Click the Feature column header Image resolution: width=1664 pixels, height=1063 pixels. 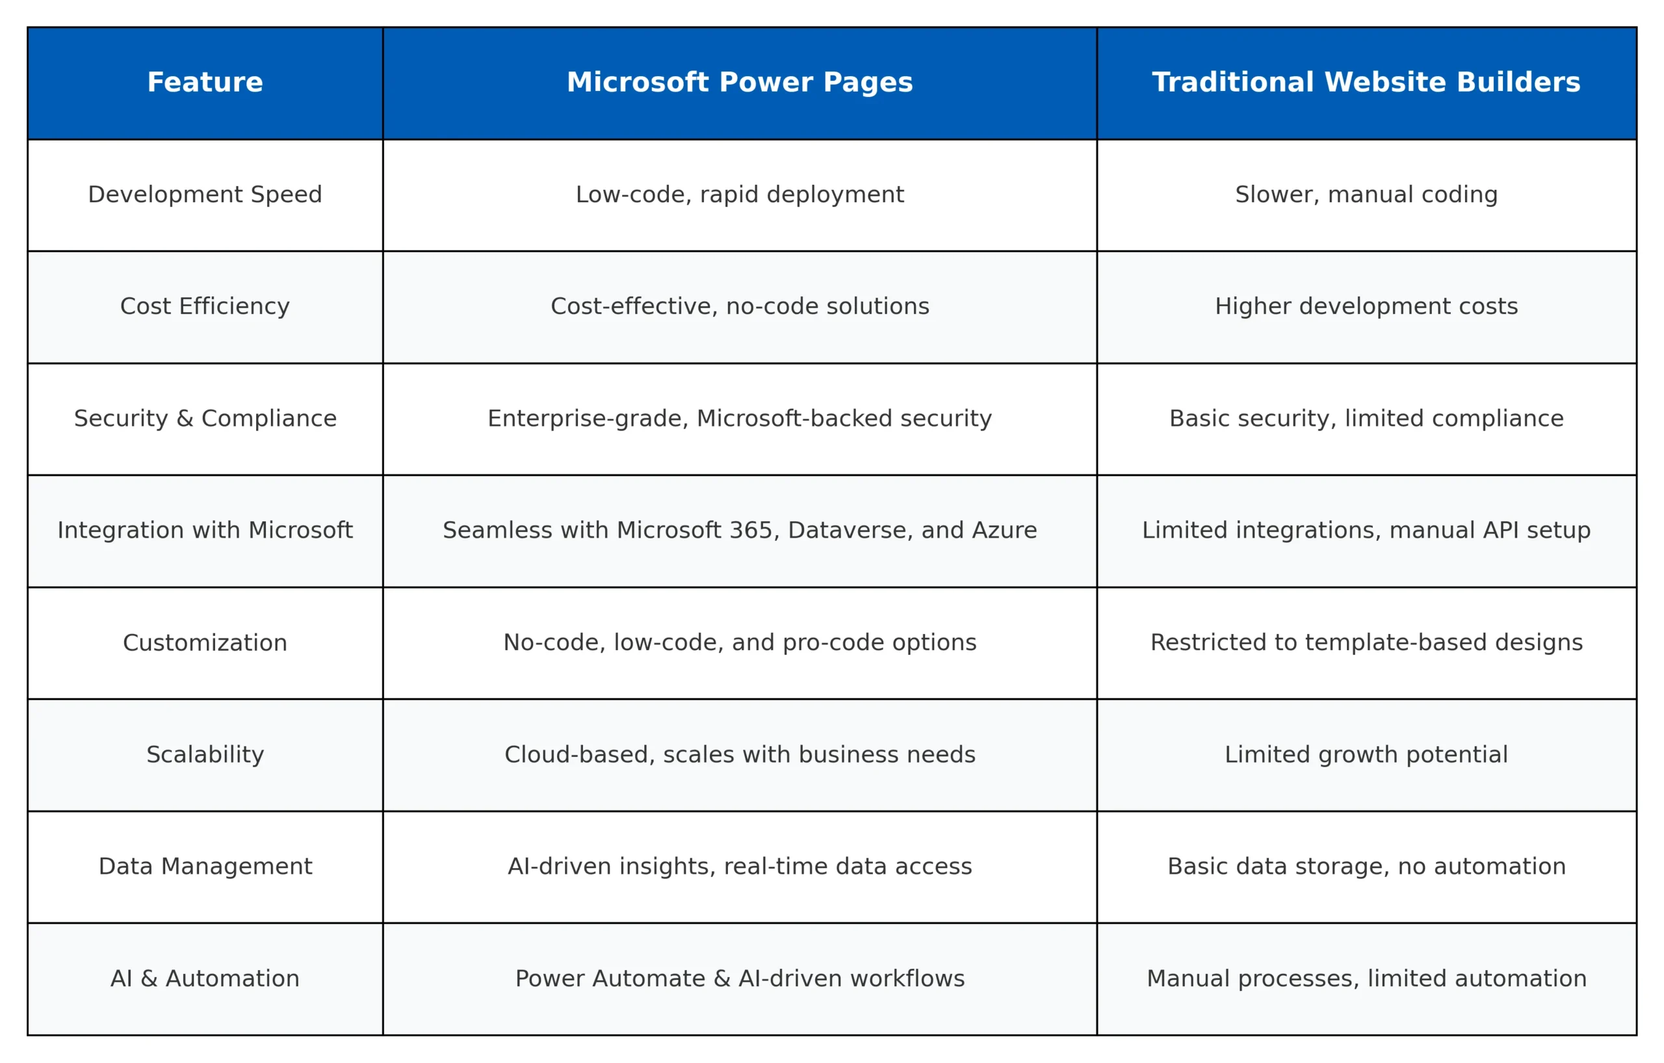pyautogui.click(x=205, y=83)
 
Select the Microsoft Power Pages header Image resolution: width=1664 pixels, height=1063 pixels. pyautogui.click(x=740, y=83)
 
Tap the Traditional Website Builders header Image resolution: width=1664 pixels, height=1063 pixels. pyautogui.click(x=1366, y=83)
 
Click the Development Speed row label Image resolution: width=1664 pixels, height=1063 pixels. pyautogui.click(x=205, y=194)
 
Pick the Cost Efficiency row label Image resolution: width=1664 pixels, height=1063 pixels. pyautogui.click(x=205, y=306)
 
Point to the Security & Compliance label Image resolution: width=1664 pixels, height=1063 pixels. pyautogui.click(x=205, y=418)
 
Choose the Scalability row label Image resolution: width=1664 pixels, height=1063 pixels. pyautogui.click(x=205, y=754)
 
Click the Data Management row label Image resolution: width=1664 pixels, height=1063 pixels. pyautogui.click(x=205, y=866)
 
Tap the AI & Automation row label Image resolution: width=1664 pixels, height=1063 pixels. pyautogui.click(x=205, y=978)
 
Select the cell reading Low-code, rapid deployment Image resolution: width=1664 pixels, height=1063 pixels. pyautogui.click(x=740, y=194)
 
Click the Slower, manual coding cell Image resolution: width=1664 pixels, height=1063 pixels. pyautogui.click(x=1366, y=194)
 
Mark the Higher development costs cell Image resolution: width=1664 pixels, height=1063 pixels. pyautogui.click(x=1366, y=306)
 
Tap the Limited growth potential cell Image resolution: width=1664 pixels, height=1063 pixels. pyautogui.click(x=1366, y=754)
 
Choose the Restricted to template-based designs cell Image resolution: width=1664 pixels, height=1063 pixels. pyautogui.click(x=1366, y=642)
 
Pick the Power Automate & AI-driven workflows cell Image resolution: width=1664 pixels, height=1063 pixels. pyautogui.click(x=740, y=978)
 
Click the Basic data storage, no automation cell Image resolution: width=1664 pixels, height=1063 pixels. pyautogui.click(x=1366, y=866)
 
